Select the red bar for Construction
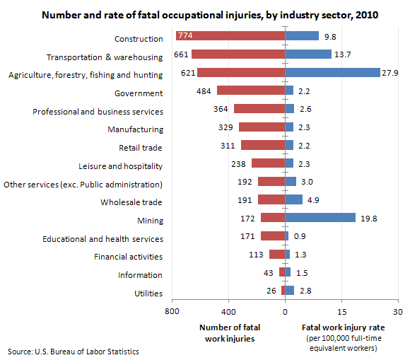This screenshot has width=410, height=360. point(230,36)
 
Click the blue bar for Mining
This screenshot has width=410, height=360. point(320,218)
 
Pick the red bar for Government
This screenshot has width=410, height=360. point(251,91)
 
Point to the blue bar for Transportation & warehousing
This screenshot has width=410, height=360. point(308,54)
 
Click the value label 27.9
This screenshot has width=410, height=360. point(390,73)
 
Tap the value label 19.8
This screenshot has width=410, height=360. point(368,219)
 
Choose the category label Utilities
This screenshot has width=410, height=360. point(148,293)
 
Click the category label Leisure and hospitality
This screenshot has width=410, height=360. point(121,166)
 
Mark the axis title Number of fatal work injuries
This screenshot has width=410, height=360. point(227,332)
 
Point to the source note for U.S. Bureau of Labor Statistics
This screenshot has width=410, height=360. point(74,352)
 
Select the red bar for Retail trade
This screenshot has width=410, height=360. point(263,145)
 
